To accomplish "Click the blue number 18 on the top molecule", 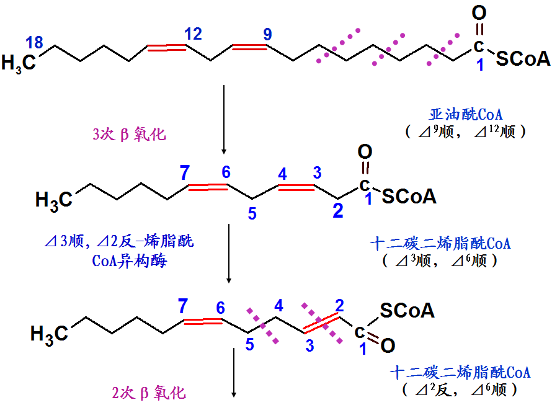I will [x=35, y=43].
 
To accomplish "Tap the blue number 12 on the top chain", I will [x=193, y=34].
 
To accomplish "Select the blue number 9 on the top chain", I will [x=267, y=34].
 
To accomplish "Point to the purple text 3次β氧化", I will [x=129, y=134].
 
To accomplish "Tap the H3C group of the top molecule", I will [x=19, y=63].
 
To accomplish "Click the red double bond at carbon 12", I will [x=167, y=47].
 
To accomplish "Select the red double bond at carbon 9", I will [x=248, y=47].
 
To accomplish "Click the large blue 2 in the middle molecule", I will [x=337, y=211].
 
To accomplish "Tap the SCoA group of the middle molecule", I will [x=409, y=197].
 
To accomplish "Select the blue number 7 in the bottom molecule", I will [x=182, y=305].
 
